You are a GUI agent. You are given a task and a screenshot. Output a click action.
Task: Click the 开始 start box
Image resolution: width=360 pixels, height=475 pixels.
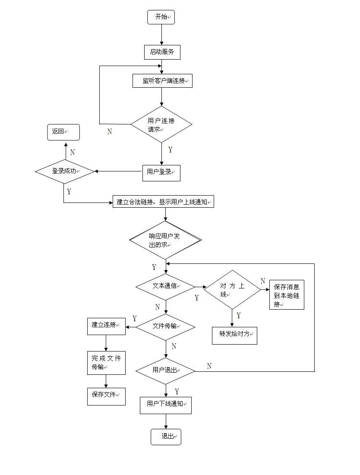coord(161,17)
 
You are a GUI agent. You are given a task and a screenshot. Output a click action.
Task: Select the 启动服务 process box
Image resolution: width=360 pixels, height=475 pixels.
coord(162,52)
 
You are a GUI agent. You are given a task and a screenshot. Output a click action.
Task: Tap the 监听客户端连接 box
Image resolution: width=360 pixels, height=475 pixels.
coord(162,81)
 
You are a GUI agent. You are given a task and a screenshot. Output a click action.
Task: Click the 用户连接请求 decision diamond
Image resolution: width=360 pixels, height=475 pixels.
coord(161,124)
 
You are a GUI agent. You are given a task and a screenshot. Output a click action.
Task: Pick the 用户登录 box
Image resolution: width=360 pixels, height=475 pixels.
coord(161,172)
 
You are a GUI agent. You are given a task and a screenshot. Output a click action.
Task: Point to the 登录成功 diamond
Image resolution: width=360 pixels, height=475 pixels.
coord(65,171)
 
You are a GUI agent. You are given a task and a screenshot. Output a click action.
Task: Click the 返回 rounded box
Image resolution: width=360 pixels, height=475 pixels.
coord(63,132)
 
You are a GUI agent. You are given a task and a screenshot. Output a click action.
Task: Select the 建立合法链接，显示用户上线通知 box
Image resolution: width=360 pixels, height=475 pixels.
coord(164,202)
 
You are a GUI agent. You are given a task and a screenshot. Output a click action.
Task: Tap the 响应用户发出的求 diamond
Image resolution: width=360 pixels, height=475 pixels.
coord(166,240)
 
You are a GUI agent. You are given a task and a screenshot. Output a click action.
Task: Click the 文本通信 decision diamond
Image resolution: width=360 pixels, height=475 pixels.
coord(166,286)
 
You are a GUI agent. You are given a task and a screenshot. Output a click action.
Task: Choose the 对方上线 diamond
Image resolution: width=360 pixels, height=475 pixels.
coord(233,289)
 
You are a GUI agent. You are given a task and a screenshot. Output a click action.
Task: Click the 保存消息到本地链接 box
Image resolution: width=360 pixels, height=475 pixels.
coord(287,295)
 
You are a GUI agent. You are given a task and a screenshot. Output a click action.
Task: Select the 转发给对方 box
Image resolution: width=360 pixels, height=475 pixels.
coord(234,335)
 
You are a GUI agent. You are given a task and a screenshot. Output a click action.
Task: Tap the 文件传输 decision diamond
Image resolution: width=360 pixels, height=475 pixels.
coord(166,326)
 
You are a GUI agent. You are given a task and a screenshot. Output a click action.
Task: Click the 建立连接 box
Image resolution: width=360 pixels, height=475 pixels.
coord(106,326)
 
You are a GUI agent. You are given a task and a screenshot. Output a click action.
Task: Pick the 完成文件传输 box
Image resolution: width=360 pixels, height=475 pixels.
coord(106,362)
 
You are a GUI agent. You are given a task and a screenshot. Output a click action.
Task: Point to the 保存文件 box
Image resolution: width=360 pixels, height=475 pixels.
coord(106,395)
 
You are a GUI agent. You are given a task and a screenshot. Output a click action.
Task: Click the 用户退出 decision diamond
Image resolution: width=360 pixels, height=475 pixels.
coord(166,370)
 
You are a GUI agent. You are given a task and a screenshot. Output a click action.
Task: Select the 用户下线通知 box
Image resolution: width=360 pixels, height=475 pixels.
coord(165,405)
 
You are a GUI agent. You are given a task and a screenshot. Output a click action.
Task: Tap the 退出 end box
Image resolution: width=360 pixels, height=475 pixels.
coord(166,437)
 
